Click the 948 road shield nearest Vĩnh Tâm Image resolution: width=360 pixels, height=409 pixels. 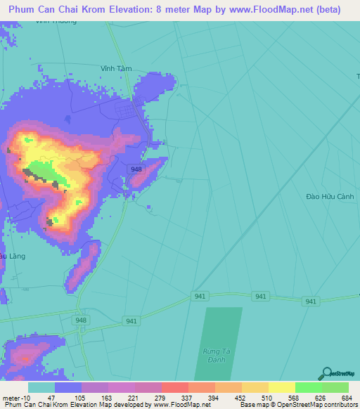click(136, 169)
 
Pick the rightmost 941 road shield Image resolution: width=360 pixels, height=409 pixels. click(310, 301)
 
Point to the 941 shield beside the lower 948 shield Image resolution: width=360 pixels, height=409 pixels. click(131, 321)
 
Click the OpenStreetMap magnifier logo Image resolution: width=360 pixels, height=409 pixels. click(326, 374)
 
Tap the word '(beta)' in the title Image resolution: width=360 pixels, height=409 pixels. click(326, 10)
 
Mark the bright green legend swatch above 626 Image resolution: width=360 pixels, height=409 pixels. click(308, 387)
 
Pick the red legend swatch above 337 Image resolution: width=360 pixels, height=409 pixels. click(174, 387)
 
